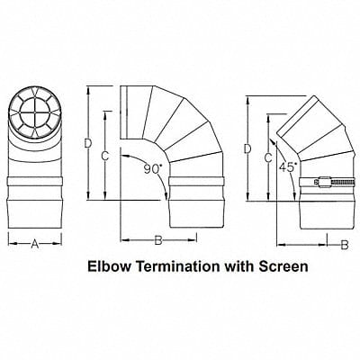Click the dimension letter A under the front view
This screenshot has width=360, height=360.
pyautogui.click(x=35, y=244)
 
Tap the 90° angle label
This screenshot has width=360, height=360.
pyautogui.click(x=153, y=169)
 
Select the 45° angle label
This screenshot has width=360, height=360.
pyautogui.click(x=288, y=166)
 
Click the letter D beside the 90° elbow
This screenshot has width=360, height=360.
pyautogui.click(x=87, y=143)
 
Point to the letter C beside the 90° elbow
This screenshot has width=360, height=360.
pyautogui.click(x=104, y=156)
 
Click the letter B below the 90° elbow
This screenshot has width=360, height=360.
pyautogui.click(x=158, y=240)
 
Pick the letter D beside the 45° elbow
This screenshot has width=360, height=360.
pyautogui.click(x=247, y=148)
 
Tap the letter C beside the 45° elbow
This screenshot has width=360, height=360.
pyautogui.click(x=268, y=157)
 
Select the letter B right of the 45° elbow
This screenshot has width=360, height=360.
pyautogui.click(x=345, y=245)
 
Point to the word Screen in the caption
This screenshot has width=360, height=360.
pyautogui.click(x=283, y=266)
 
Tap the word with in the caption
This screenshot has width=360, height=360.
pyautogui.click(x=240, y=266)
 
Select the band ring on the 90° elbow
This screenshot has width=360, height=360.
pyautogui.click(x=196, y=182)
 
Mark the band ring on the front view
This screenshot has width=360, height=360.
pyautogui.click(x=35, y=182)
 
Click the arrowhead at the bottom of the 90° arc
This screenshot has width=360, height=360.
pyautogui.click(x=166, y=195)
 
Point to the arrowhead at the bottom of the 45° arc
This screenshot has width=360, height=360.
pyautogui.click(x=295, y=196)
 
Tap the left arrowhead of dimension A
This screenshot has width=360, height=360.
pyautogui.click(x=11, y=244)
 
